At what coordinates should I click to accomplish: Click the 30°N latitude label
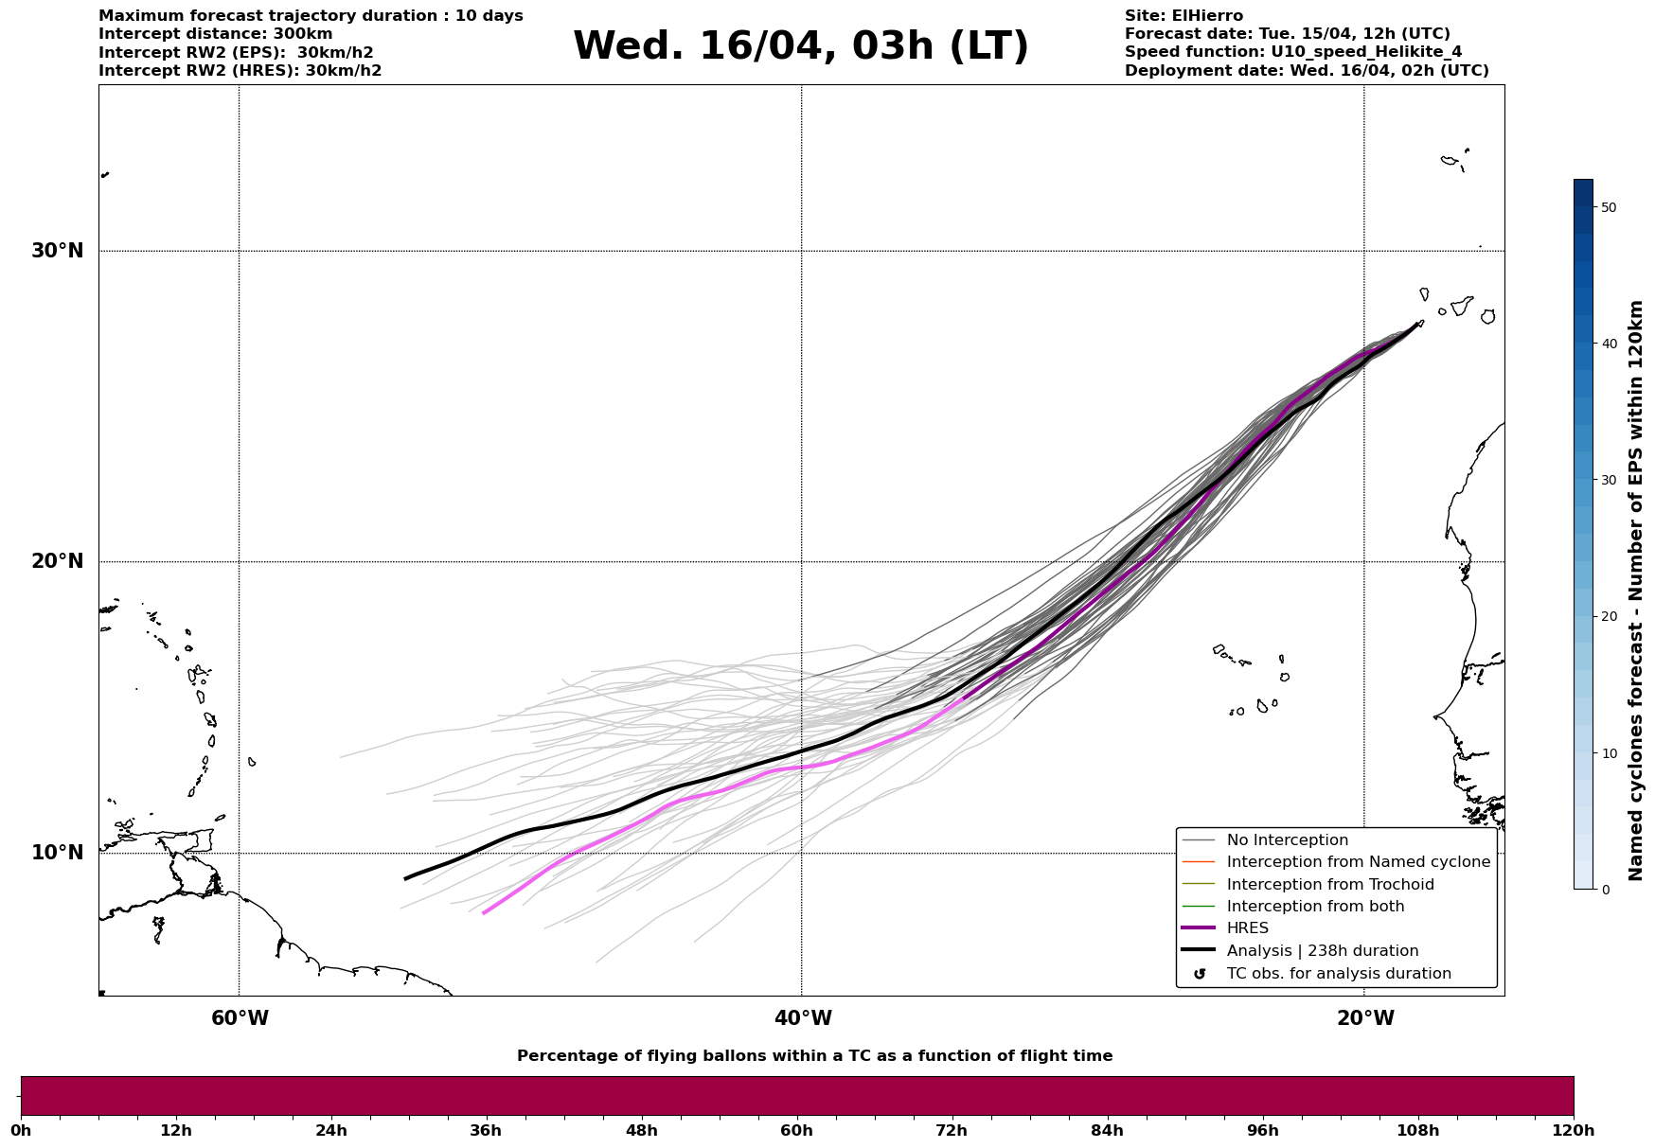click(58, 251)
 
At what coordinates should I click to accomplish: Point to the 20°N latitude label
click(58, 561)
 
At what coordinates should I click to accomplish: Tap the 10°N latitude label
click(58, 853)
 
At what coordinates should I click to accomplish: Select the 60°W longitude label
click(240, 1018)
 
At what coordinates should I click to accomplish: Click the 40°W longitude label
click(803, 1018)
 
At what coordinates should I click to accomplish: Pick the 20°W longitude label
click(1365, 1018)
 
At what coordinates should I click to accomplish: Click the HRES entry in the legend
click(1247, 928)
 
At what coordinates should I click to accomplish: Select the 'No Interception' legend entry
click(1287, 840)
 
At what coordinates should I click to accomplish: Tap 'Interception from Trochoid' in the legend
click(1329, 885)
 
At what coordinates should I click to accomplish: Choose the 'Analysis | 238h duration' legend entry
click(1322, 951)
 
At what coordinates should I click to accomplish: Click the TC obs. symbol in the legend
click(1200, 974)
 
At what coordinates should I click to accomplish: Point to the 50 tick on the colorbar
click(1608, 207)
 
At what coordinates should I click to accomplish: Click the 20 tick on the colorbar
click(1608, 616)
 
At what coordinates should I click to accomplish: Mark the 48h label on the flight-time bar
click(641, 1130)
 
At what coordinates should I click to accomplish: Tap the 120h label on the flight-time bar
click(1573, 1130)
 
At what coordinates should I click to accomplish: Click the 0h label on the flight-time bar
click(21, 1130)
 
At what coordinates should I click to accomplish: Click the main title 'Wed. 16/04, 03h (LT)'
click(800, 46)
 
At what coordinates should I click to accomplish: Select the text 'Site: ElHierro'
click(1183, 16)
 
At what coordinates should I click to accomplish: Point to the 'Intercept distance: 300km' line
click(215, 34)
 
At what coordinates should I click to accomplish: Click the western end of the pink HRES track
click(485, 912)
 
